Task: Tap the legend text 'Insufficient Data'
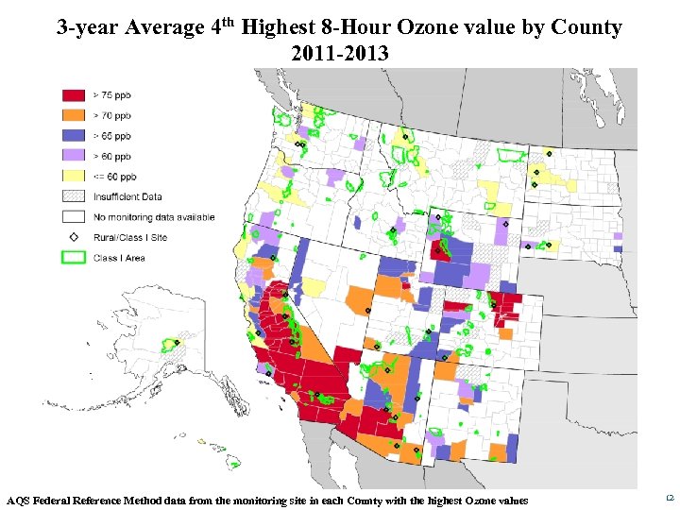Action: (127, 196)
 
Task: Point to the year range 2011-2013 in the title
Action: (340, 54)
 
